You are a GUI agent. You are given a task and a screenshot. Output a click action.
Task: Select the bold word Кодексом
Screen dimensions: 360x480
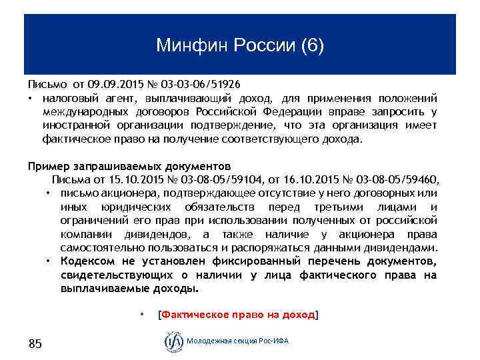(x=87, y=260)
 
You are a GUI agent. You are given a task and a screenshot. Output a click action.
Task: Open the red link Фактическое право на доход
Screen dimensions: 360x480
(x=237, y=315)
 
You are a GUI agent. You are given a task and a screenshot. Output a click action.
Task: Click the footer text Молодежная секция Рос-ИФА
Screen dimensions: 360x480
(x=239, y=341)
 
